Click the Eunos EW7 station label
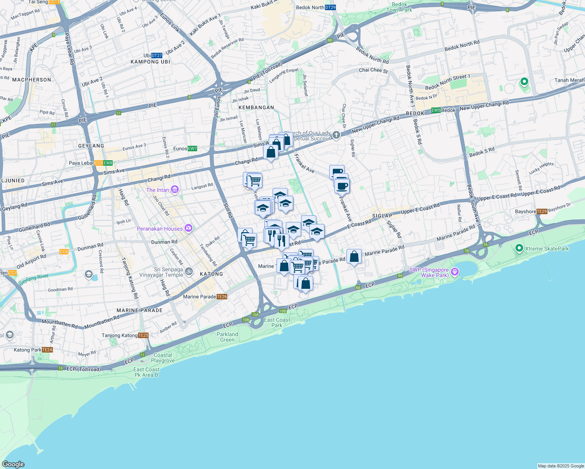(x=185, y=149)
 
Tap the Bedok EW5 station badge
(x=436, y=111)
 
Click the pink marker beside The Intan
(x=175, y=190)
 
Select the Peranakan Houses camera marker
(x=188, y=228)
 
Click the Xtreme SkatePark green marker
(x=519, y=248)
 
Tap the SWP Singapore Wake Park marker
(x=454, y=272)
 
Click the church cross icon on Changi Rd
(x=336, y=136)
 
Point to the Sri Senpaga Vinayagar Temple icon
(x=188, y=271)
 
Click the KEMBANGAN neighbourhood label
(x=256, y=107)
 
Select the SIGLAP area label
(x=382, y=216)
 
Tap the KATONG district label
(x=211, y=274)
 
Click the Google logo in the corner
(x=13, y=464)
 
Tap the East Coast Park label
(x=277, y=322)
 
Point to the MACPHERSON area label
(x=32, y=80)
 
